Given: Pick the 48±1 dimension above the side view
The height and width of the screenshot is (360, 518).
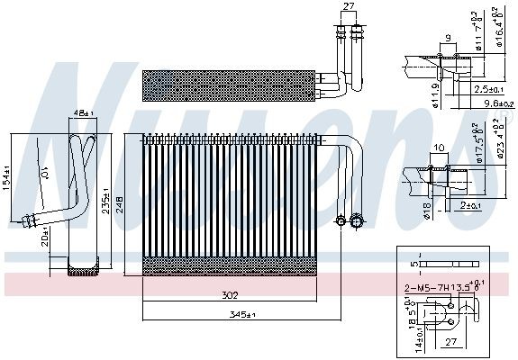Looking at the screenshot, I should (82, 113).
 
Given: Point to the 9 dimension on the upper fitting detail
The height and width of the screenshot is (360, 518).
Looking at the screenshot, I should (447, 39).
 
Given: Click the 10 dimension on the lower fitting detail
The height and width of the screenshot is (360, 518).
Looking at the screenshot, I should (439, 148).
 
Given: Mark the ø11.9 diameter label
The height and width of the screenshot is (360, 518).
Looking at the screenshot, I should (411, 94).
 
